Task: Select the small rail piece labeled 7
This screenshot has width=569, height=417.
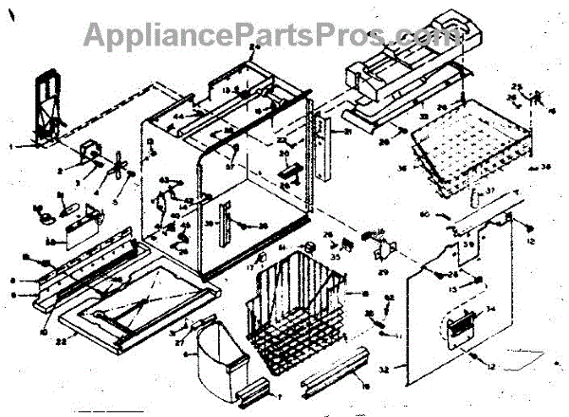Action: (254, 388)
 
